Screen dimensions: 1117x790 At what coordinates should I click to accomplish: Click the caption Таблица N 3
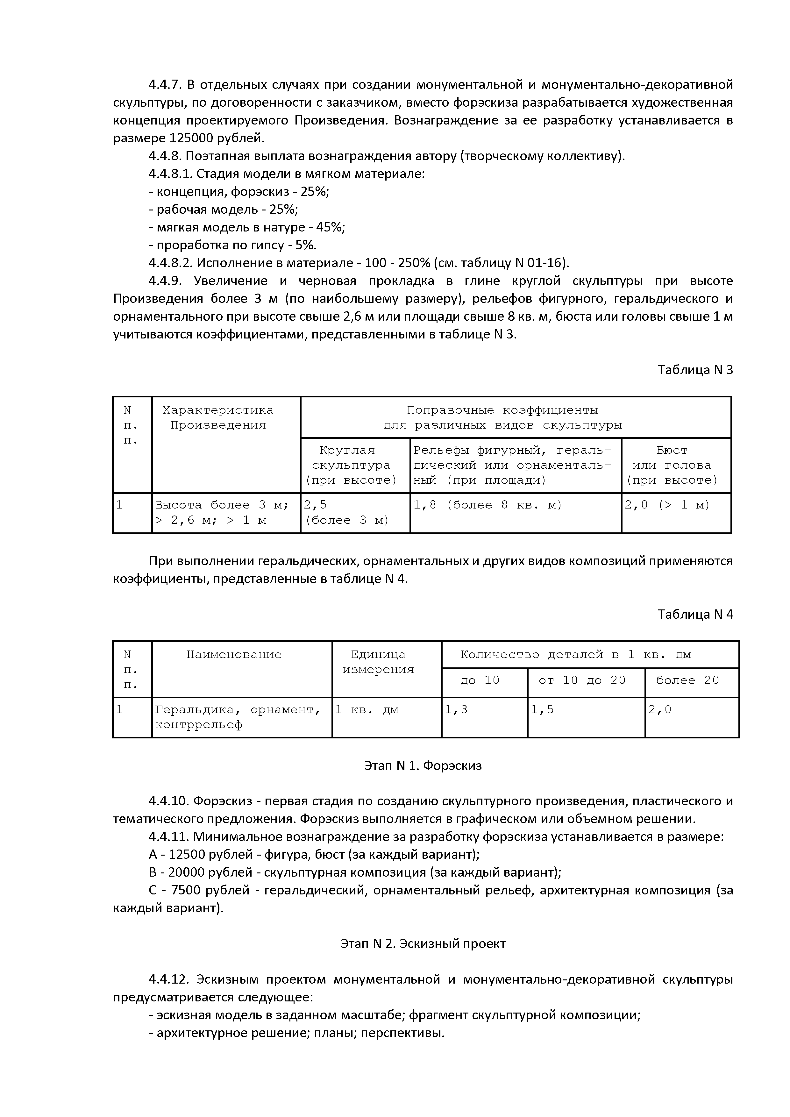click(x=695, y=370)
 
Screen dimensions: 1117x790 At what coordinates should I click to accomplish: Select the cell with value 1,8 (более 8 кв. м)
click(x=488, y=505)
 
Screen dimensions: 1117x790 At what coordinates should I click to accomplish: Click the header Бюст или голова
click(x=672, y=465)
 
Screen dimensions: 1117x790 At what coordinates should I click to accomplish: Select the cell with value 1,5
click(x=542, y=709)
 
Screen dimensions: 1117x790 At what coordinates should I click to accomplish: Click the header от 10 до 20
click(x=582, y=680)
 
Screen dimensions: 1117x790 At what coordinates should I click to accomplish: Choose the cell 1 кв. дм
click(x=367, y=709)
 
